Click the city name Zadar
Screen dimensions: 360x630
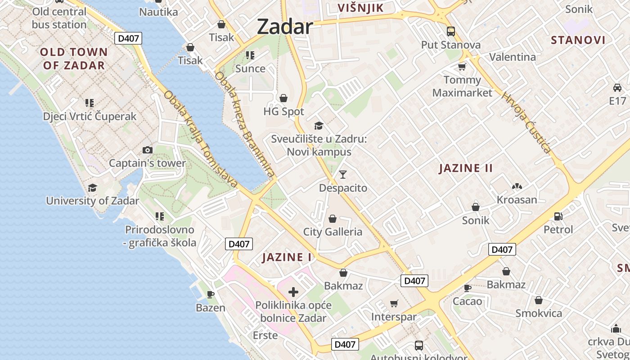pyautogui.click(x=284, y=27)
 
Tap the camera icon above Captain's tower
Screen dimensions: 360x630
pyautogui.click(x=147, y=150)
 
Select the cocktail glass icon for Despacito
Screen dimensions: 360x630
pyautogui.click(x=343, y=174)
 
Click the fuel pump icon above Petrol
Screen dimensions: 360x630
pyautogui.click(x=558, y=216)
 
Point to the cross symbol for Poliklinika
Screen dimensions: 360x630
pyautogui.click(x=293, y=292)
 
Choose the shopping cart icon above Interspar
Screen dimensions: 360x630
pyautogui.click(x=394, y=304)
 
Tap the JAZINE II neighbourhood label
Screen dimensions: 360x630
pyautogui.click(x=466, y=168)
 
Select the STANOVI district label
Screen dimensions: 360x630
pyautogui.click(x=578, y=40)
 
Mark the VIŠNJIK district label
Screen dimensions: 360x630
pyautogui.click(x=360, y=8)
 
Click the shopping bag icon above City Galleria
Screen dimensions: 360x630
pyautogui.click(x=333, y=219)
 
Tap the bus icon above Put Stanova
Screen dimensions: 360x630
pyautogui.click(x=450, y=31)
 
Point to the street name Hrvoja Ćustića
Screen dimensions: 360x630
pyautogui.click(x=526, y=122)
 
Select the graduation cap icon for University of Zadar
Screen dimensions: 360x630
pyautogui.click(x=92, y=188)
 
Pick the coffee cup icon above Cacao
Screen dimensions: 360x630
pyautogui.click(x=468, y=288)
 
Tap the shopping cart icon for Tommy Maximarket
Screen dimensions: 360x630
pyautogui.click(x=462, y=67)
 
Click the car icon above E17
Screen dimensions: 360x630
pyautogui.click(x=617, y=87)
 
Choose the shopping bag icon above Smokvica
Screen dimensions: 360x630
pyautogui.click(x=538, y=300)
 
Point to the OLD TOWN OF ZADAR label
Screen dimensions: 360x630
pyautogui.click(x=74, y=58)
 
